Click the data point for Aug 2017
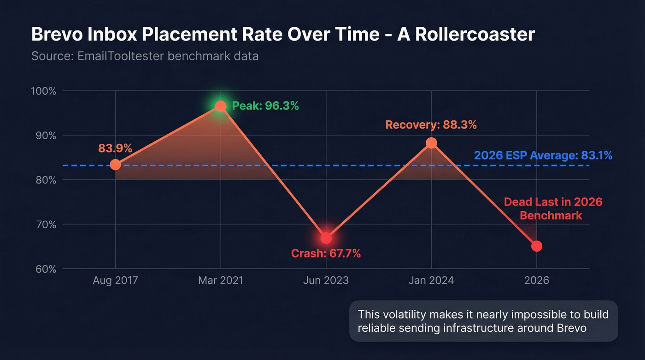[x=115, y=165]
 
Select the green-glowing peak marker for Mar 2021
[x=221, y=106]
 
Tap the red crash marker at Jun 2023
[x=326, y=238]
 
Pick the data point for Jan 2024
[x=431, y=143]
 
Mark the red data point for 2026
[x=537, y=246]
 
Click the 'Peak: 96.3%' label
[x=265, y=106]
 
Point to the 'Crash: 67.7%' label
[x=326, y=253]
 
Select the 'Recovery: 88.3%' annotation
[x=431, y=125]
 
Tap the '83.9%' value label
[x=115, y=148]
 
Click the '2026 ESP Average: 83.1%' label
[x=543, y=156]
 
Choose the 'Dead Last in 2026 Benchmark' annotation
[x=553, y=209]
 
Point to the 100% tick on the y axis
[x=43, y=91]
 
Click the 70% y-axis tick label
[x=44, y=225]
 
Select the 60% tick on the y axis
[x=44, y=269]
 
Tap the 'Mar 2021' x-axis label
[x=221, y=280]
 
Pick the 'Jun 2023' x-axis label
[x=326, y=280]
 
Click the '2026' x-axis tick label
[x=537, y=280]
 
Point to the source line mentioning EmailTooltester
[x=145, y=56]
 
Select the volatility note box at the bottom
[x=483, y=321]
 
